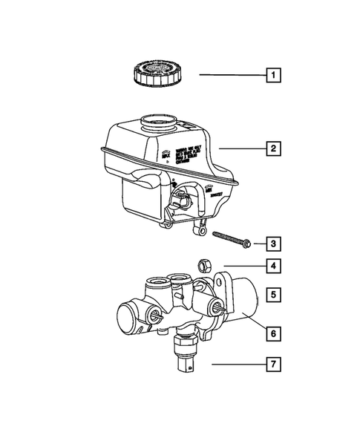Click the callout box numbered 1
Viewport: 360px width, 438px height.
click(x=275, y=75)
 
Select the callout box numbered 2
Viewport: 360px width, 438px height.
click(x=275, y=149)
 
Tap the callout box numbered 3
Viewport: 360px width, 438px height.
click(x=275, y=243)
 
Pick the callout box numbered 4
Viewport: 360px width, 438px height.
click(x=275, y=265)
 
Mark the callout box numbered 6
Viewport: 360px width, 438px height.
click(x=275, y=335)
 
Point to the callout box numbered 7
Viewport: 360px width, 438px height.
click(x=275, y=365)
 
